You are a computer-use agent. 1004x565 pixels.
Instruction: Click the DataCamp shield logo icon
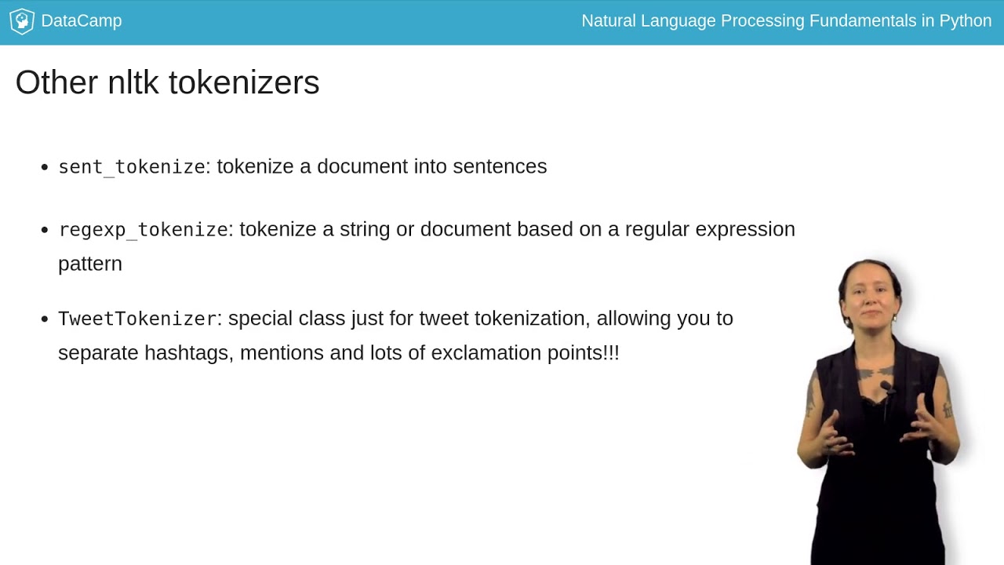pyautogui.click(x=21, y=21)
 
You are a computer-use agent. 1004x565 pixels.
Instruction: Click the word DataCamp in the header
pyautogui.click(x=81, y=21)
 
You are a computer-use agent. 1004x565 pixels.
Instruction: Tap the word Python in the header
pyautogui.click(x=966, y=21)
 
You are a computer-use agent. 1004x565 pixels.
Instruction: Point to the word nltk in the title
pyautogui.click(x=133, y=82)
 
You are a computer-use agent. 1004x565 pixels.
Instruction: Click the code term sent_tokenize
pyautogui.click(x=132, y=167)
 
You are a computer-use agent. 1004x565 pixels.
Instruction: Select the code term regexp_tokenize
pyautogui.click(x=144, y=230)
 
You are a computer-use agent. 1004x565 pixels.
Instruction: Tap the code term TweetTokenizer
pyautogui.click(x=137, y=319)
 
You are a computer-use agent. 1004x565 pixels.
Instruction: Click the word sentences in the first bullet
pyautogui.click(x=500, y=166)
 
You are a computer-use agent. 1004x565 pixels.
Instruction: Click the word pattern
pyautogui.click(x=90, y=264)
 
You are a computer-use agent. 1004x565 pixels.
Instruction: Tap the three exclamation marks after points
pyautogui.click(x=612, y=353)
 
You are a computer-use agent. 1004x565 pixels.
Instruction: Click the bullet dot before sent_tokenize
pyautogui.click(x=45, y=167)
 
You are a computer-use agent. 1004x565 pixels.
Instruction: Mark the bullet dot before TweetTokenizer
pyautogui.click(x=45, y=319)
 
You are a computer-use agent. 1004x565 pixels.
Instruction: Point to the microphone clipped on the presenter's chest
pyautogui.click(x=886, y=387)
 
